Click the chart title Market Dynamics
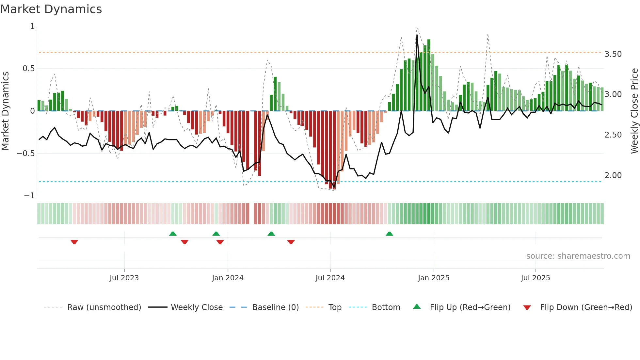coord(51,9)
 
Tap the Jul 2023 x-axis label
coord(124,278)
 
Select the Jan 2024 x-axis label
coord(228,278)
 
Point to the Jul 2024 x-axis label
coord(330,278)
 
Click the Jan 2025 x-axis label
coord(434,278)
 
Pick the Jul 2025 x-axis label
coord(536,278)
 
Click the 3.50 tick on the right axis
coord(613,54)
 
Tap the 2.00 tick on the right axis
coord(613,175)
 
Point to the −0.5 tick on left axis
coord(26,154)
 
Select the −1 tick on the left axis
coord(29,196)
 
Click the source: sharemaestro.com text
coord(578,256)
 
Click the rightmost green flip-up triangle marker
coord(389,234)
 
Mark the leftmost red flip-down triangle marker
coord(74,242)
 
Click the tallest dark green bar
coord(429,75)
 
